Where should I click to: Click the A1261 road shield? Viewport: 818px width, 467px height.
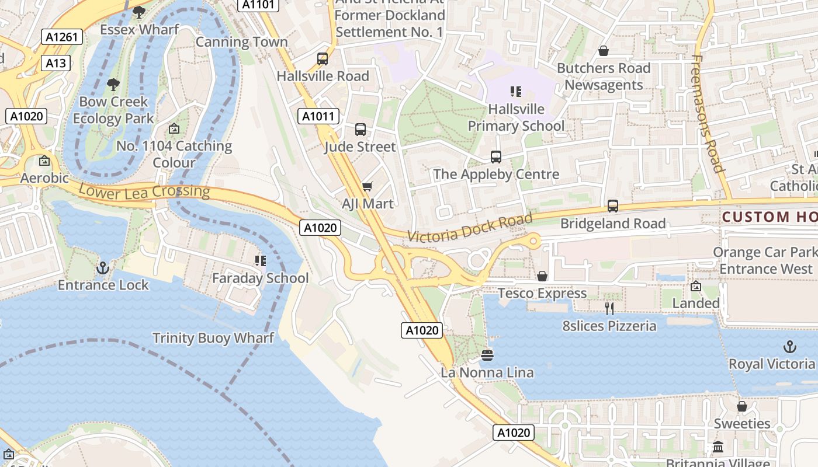(61, 37)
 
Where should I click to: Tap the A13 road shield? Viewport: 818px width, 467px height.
(56, 63)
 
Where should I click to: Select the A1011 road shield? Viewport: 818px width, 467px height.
(318, 116)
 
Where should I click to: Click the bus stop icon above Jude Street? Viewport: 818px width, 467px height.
(361, 130)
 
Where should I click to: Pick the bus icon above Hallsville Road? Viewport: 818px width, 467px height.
(323, 58)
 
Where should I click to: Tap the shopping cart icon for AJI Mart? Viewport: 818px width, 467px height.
(367, 187)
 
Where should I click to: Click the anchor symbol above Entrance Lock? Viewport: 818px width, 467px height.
(103, 268)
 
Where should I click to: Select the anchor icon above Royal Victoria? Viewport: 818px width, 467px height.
(789, 347)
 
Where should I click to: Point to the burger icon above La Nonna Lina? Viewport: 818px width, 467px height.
(487, 355)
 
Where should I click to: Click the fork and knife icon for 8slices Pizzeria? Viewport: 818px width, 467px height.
(609, 308)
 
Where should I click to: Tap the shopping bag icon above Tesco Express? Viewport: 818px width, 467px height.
(542, 276)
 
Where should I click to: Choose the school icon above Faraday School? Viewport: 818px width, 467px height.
(260, 261)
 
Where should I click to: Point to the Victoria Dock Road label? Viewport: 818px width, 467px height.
(470, 228)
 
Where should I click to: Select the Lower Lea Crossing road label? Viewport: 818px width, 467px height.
(144, 191)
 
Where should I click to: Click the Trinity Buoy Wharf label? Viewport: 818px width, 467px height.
(213, 338)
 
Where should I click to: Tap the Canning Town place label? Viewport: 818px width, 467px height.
(241, 42)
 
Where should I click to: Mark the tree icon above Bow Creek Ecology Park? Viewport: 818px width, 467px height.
(113, 85)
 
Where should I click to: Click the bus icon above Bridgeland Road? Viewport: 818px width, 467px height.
(612, 205)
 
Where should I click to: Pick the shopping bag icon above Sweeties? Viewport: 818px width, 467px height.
(741, 406)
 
